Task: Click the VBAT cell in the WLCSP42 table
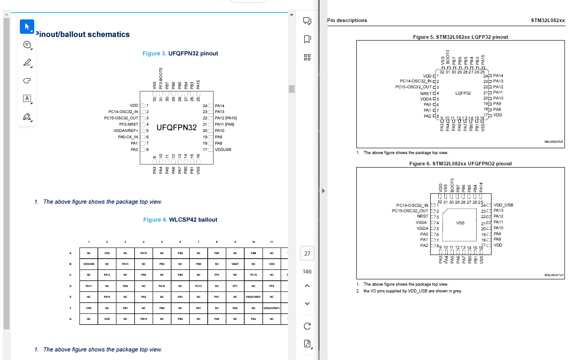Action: click(x=235, y=264)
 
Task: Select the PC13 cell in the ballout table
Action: click(x=198, y=286)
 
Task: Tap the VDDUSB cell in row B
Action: click(x=89, y=264)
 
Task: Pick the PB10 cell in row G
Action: click(x=143, y=319)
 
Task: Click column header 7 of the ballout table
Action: click(x=198, y=242)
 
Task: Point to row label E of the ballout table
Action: click(x=70, y=297)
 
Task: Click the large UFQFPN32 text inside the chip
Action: click(x=177, y=128)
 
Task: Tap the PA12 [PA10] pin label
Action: click(x=226, y=118)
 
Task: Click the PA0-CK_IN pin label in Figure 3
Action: click(x=128, y=137)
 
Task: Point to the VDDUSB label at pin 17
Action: click(x=223, y=149)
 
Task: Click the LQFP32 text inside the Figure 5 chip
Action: click(x=463, y=93)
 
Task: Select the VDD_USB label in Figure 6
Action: click(x=503, y=205)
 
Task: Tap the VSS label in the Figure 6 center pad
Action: click(x=460, y=223)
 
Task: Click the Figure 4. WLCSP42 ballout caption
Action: click(x=180, y=220)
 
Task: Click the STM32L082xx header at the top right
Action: click(x=547, y=20)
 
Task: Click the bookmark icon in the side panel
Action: click(x=307, y=39)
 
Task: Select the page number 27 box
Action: click(x=307, y=254)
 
